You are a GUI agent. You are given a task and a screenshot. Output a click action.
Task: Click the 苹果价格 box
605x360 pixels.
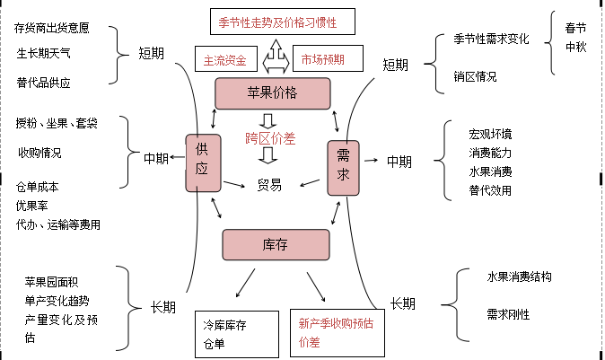[x=273, y=92]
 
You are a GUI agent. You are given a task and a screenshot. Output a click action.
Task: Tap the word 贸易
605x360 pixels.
[x=269, y=185]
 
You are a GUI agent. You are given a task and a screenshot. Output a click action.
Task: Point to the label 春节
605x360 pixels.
[x=575, y=27]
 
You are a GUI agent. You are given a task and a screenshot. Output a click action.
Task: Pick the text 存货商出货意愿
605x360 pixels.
[x=52, y=28]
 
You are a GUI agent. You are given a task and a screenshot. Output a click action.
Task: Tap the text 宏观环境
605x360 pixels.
[x=490, y=134]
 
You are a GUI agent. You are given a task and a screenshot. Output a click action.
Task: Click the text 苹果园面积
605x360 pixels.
[x=57, y=282]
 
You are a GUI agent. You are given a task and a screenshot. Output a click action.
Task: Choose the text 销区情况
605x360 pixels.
[x=476, y=76]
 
